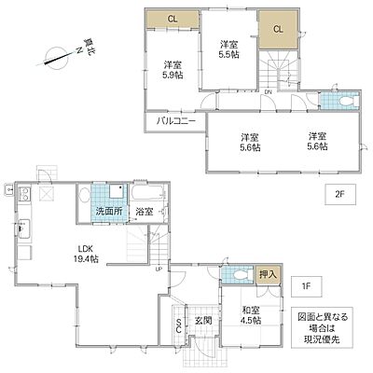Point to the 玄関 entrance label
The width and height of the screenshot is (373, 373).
point(204,322)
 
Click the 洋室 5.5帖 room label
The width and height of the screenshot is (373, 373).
point(230,48)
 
